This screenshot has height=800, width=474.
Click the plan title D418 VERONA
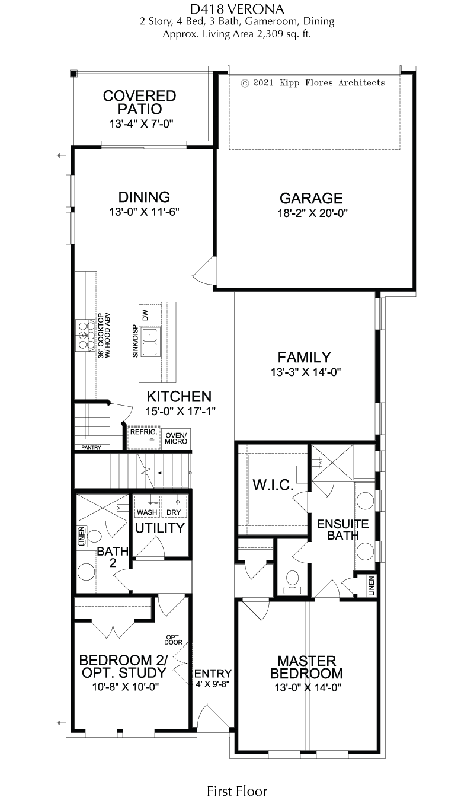[237, 9]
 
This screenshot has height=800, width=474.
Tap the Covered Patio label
[140, 102]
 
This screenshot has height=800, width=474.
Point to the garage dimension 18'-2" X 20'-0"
[313, 213]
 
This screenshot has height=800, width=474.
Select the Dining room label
[144, 197]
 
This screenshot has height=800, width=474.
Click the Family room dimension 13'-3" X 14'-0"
[306, 372]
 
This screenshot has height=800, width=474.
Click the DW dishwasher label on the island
[145, 315]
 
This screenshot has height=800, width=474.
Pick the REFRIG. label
[143, 432]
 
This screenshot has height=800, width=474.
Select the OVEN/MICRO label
[176, 439]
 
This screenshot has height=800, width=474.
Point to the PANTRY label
[91, 447]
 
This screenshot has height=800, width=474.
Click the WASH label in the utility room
[147, 512]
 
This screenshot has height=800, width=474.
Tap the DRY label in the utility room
[174, 512]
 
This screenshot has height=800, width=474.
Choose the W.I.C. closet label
[273, 485]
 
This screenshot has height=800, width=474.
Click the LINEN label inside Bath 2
[82, 536]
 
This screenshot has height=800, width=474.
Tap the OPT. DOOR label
[174, 640]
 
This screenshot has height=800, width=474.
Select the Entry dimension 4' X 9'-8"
[212, 684]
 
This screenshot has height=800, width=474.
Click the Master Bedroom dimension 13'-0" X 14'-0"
[308, 687]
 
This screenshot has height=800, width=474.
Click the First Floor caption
[237, 791]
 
